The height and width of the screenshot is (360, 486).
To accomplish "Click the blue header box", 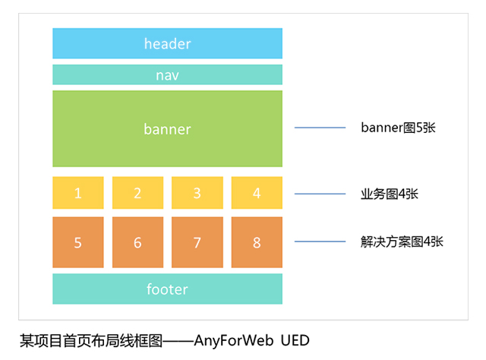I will point(167,43).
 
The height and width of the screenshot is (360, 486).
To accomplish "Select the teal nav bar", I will point(167,74).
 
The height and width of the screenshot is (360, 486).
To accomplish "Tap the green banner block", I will point(167,128).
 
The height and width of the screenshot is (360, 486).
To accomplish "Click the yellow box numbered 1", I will point(78,193).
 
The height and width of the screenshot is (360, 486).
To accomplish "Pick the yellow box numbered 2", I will point(137,193).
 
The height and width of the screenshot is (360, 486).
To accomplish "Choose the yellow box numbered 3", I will point(197,193).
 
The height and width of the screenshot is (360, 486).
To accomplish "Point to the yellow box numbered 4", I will point(257,193).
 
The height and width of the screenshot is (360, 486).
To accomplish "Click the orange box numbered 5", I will point(78,242).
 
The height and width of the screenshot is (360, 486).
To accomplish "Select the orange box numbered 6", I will point(137,242).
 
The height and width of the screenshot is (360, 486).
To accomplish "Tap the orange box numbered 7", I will point(197,242).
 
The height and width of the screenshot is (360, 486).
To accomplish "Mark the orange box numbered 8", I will point(257,242).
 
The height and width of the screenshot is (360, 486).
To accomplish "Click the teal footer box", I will point(167,289).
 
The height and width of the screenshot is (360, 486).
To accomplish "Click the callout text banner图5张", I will point(398,128).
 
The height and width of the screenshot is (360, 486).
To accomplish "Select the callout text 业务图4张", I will point(389,194).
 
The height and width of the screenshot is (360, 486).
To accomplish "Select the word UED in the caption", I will point(295,339).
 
